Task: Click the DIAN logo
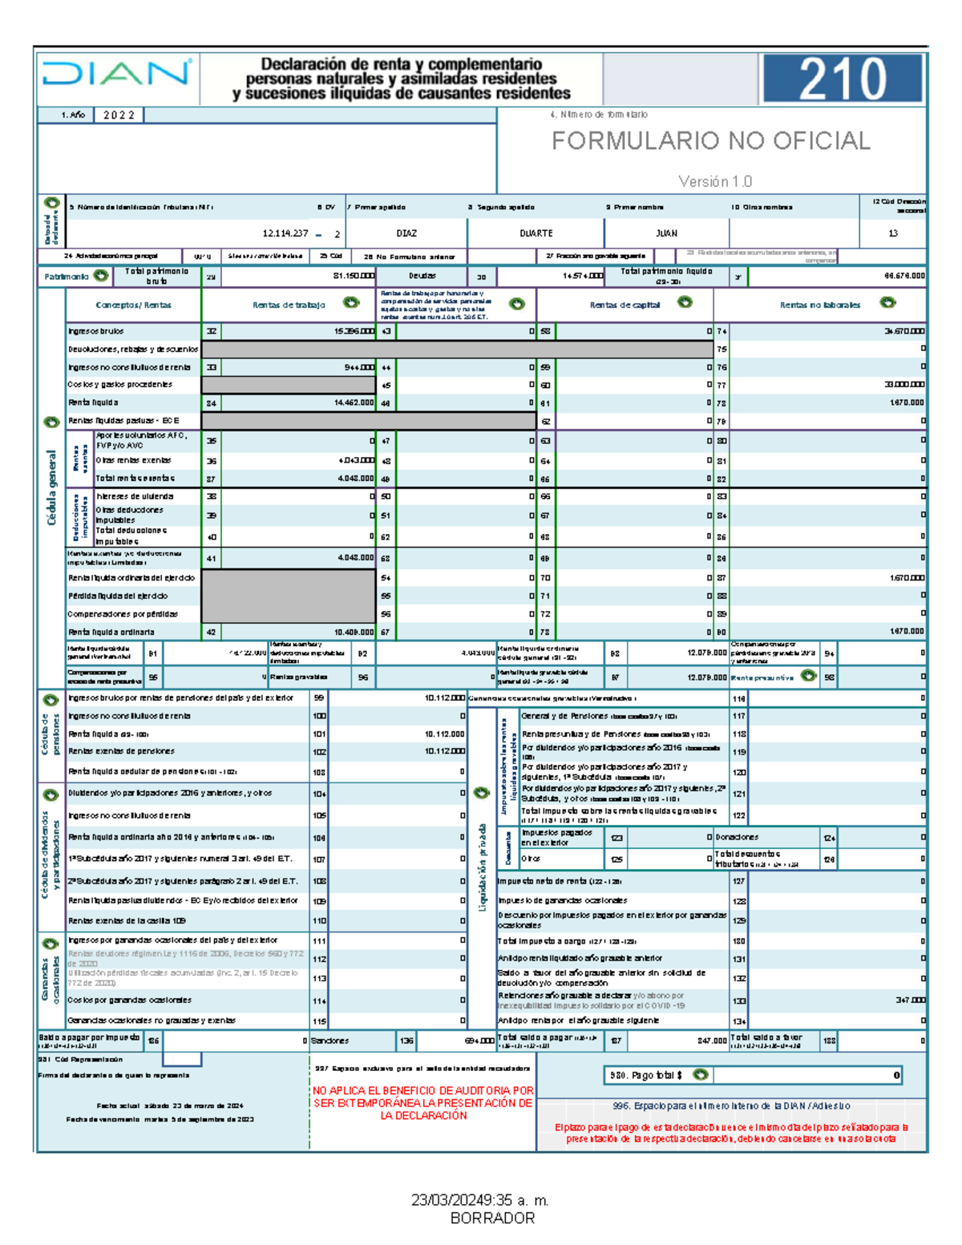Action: [117, 75]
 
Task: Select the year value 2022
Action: [119, 115]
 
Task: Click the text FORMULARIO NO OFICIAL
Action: [710, 141]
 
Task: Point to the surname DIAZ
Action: [406, 233]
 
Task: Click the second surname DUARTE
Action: [536, 233]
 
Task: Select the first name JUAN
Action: [666, 233]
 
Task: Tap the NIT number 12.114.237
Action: [285, 233]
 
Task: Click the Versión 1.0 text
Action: [715, 182]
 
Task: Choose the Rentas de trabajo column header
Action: [289, 305]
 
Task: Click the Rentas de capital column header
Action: [624, 305]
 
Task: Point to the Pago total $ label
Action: [646, 1075]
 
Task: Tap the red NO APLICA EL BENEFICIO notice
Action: [422, 1103]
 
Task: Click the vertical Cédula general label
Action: [52, 487]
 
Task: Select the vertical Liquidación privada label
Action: [483, 866]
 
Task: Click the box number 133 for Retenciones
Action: [738, 1000]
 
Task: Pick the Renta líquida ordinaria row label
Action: [111, 632]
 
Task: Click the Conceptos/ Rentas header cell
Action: [133, 305]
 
